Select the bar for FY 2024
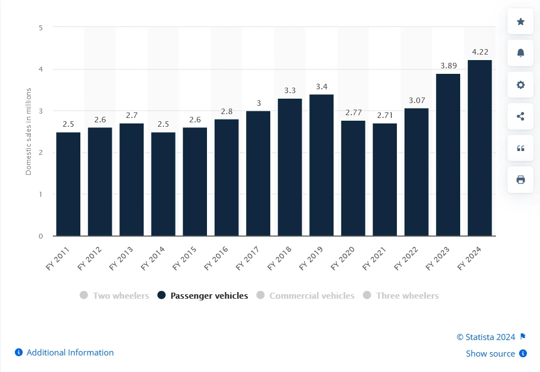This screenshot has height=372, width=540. (x=479, y=148)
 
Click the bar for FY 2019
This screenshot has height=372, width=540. (x=321, y=165)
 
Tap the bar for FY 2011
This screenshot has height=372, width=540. (x=68, y=184)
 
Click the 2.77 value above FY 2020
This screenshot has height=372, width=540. (x=353, y=112)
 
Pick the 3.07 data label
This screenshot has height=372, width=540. (x=416, y=100)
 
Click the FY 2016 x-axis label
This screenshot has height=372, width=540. (x=216, y=257)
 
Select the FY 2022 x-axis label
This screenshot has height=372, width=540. (x=406, y=257)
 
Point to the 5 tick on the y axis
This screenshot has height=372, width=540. (x=41, y=27)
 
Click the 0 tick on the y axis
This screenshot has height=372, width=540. (x=41, y=236)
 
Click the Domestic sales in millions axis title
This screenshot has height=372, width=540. (x=29, y=131)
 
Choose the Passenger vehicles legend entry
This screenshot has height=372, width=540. (x=203, y=295)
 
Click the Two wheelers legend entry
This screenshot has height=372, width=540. (x=114, y=295)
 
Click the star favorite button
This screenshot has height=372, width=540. (x=520, y=21)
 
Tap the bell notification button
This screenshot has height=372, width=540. (x=520, y=53)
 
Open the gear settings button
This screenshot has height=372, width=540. (x=520, y=85)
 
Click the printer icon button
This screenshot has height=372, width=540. (x=520, y=180)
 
